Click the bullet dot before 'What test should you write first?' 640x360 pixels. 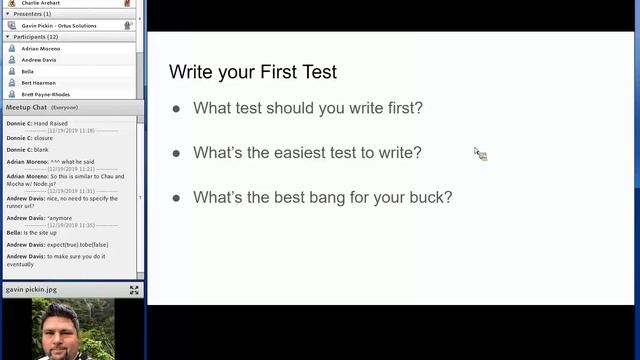click(x=176, y=108)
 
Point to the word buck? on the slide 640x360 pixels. click(x=427, y=197)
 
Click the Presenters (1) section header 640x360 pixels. click(x=32, y=14)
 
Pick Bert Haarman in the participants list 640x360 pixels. click(x=38, y=83)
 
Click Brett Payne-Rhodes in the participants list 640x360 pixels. click(x=45, y=94)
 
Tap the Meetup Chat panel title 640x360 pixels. click(x=26, y=107)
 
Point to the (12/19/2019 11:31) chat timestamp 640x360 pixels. click(x=71, y=190)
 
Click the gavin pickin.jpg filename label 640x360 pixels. click(x=28, y=289)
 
